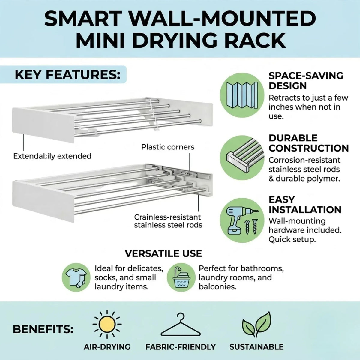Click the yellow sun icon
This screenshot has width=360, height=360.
pyautogui.click(x=107, y=324)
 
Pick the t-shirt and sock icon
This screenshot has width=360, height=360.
pyautogui.click(x=76, y=278)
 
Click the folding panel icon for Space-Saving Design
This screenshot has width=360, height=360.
pyautogui.click(x=242, y=95)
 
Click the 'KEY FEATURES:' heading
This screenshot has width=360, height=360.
pyautogui.click(x=67, y=75)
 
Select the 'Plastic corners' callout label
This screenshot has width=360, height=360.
pyautogui.click(x=168, y=147)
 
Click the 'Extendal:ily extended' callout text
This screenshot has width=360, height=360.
pyautogui.click(x=52, y=156)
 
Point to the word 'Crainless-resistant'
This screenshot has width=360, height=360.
pyautogui.click(x=167, y=217)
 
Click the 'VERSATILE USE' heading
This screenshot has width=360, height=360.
pyautogui.click(x=163, y=253)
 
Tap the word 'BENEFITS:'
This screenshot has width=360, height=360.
pyautogui.click(x=43, y=329)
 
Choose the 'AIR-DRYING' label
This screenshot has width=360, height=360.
pyautogui.click(x=107, y=347)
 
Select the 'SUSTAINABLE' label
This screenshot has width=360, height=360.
pyautogui.click(x=256, y=347)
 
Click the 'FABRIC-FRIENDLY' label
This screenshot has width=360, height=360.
pyautogui.click(x=181, y=347)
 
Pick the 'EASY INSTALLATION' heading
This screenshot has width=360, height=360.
pyautogui.click(x=305, y=205)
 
